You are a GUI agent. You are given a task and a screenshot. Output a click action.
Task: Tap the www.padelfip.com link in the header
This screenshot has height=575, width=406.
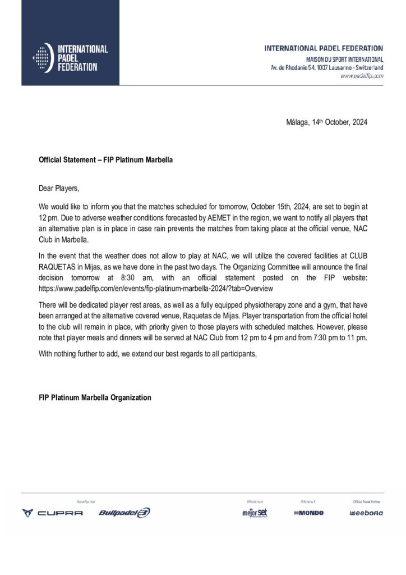[362, 75]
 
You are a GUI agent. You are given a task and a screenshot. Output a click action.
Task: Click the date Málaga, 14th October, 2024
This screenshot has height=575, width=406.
[326, 122]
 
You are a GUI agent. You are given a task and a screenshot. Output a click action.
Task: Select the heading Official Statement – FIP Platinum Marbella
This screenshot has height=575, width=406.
[105, 160]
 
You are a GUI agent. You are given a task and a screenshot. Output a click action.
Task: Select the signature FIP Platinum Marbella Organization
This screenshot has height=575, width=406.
[95, 398]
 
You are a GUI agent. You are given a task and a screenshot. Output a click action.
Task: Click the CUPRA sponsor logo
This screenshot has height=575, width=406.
[52, 513]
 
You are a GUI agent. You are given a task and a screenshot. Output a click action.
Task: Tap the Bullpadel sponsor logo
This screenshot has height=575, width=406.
[124, 513]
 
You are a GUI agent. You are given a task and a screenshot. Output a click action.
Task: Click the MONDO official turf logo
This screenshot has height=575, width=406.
[308, 513]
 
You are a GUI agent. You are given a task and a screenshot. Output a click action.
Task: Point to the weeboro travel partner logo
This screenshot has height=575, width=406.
[366, 513]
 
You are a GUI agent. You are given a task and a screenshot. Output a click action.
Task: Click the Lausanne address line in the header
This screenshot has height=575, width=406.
[327, 67]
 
